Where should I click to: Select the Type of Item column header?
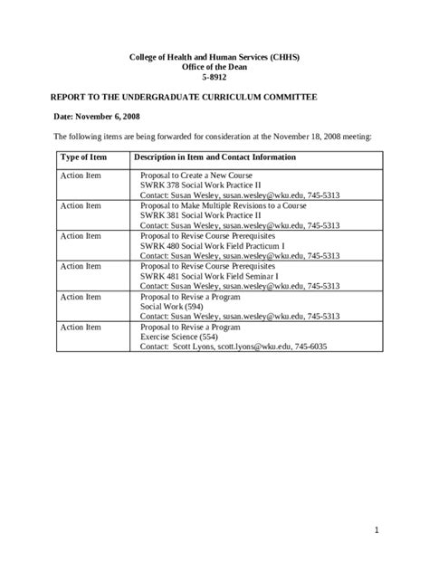coord(82,157)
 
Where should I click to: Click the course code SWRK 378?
coord(165,185)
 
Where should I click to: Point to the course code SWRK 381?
coord(165,215)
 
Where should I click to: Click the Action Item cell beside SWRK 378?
coord(81,175)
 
